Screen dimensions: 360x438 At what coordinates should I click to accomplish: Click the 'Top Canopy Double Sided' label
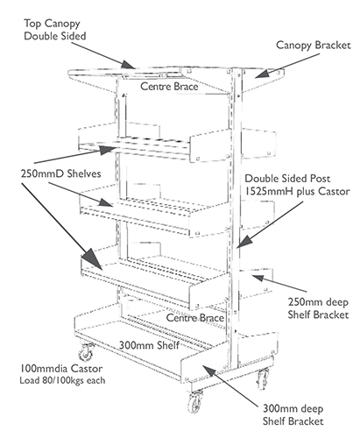pyautogui.click(x=55, y=30)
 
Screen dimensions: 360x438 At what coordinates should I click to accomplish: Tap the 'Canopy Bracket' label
pyautogui.click(x=314, y=46)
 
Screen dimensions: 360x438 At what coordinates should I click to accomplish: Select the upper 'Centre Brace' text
pyautogui.click(x=169, y=87)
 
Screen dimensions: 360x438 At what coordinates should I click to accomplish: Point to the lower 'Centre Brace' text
pyautogui.click(x=195, y=318)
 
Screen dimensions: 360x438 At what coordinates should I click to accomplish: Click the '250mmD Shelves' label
pyautogui.click(x=60, y=173)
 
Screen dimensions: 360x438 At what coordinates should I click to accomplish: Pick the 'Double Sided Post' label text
pyautogui.click(x=287, y=179)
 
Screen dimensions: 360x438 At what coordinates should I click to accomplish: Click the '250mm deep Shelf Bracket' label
pyautogui.click(x=318, y=308)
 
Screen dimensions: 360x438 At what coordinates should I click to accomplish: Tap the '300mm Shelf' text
pyautogui.click(x=149, y=345)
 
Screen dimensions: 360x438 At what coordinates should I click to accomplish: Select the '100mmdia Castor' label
pyautogui.click(x=61, y=369)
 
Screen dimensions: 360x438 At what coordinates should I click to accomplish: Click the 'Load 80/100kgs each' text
pyautogui.click(x=62, y=380)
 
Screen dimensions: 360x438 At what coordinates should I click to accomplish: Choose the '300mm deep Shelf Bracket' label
pyautogui.click(x=293, y=415)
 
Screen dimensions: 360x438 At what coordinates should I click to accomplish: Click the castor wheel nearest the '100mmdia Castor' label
pyautogui.click(x=87, y=353)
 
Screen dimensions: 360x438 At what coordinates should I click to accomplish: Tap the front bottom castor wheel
pyautogui.click(x=195, y=402)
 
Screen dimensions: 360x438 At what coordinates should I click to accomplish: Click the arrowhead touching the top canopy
pyautogui.click(x=129, y=64)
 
